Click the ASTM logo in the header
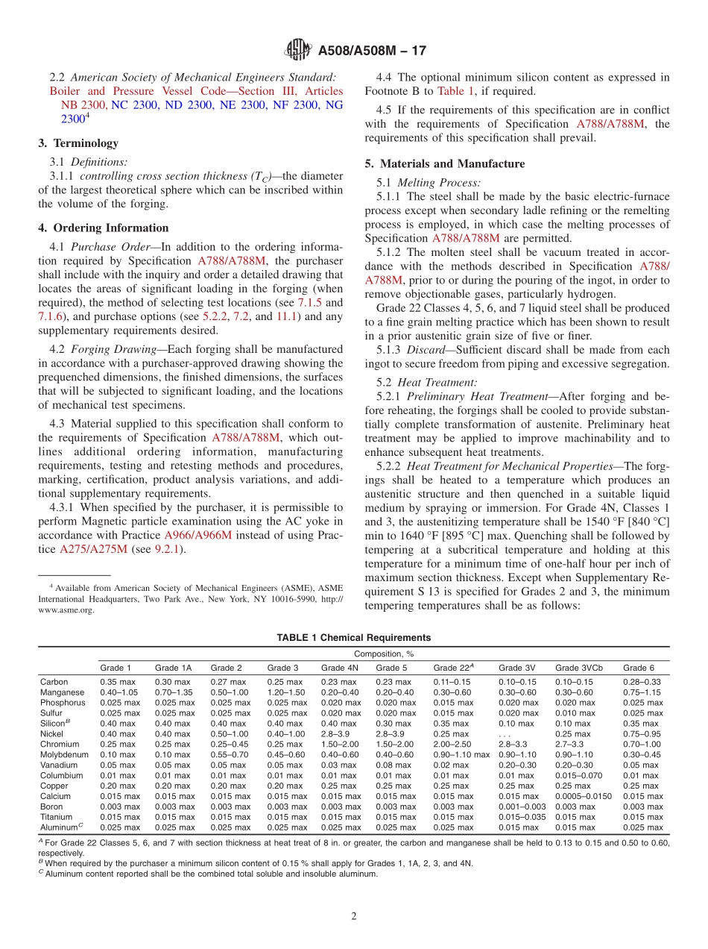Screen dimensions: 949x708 298,51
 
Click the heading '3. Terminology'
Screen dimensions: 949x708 78,143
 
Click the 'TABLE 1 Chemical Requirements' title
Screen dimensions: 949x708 353,638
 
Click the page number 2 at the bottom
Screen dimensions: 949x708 354,916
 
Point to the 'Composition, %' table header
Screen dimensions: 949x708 383,654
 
